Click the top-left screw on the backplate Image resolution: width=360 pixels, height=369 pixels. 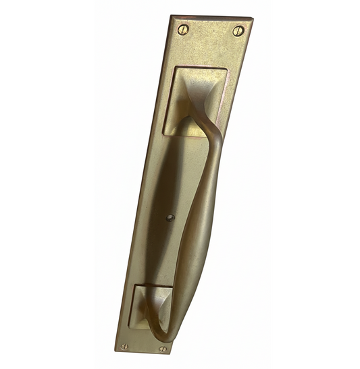pyautogui.click(x=182, y=29)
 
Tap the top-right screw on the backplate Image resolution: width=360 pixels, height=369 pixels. pyautogui.click(x=238, y=31)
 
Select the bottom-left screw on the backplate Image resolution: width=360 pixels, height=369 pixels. pyautogui.click(x=124, y=346)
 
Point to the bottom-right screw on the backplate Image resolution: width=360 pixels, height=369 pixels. pyautogui.click(x=162, y=349)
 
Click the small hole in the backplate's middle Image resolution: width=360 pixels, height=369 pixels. pyautogui.click(x=170, y=217)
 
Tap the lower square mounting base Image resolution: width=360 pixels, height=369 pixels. pyautogui.click(x=152, y=307)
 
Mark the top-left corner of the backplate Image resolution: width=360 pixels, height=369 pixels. pyautogui.click(x=172, y=16)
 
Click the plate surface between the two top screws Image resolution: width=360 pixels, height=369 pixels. pyautogui.click(x=210, y=30)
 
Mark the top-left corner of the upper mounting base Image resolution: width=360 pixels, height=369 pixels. pyautogui.click(x=175, y=67)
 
